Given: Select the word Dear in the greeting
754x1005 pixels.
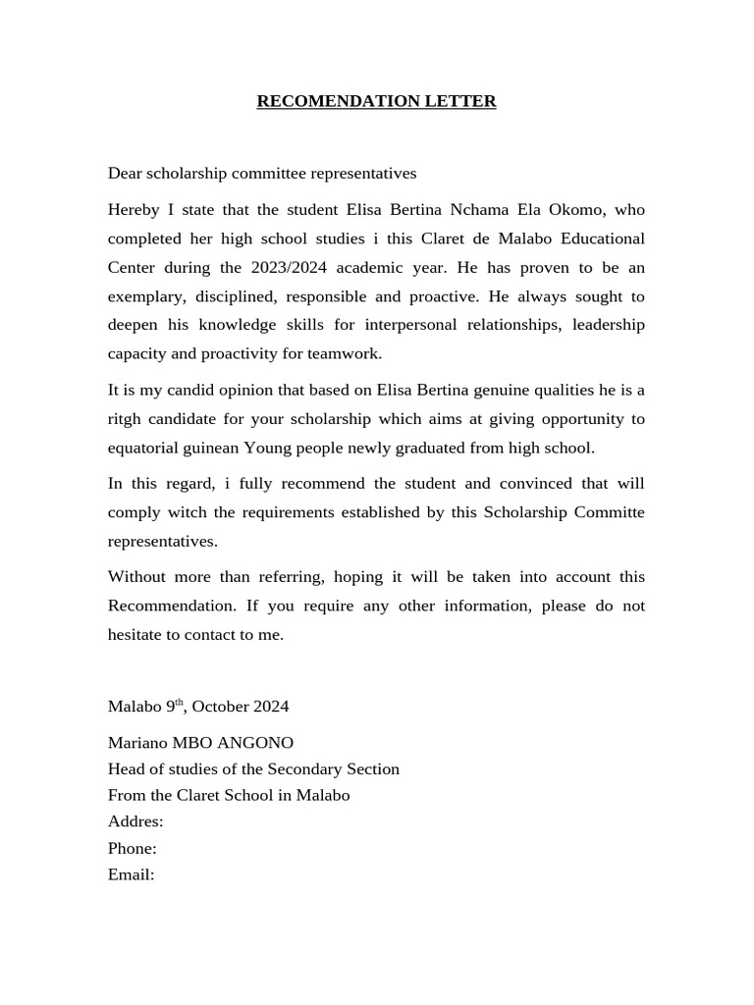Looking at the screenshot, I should [125, 174].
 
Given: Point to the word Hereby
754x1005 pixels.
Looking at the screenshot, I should [133, 210].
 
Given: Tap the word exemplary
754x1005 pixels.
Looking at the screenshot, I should [142, 296].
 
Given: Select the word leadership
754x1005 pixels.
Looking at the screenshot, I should [609, 325].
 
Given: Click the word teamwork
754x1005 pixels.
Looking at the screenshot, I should [345, 353].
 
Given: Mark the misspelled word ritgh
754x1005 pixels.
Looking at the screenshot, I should [127, 419].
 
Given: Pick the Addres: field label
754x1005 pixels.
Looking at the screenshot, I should [135, 821].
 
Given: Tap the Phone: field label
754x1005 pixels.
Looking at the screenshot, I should [133, 848].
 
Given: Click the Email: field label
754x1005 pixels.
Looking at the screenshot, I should [132, 874].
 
